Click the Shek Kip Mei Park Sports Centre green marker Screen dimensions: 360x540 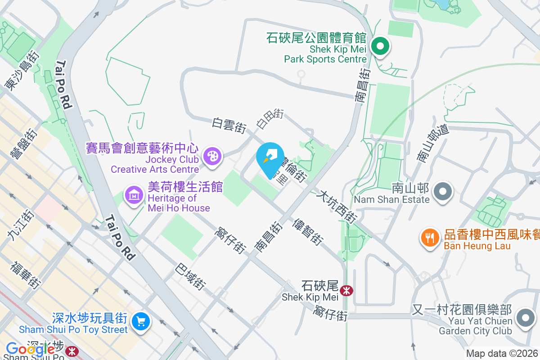click(x=380, y=46)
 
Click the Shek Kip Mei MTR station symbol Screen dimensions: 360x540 click(x=346, y=291)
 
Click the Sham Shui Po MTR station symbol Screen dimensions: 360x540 click(x=71, y=351)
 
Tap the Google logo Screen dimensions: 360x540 click(x=30, y=349)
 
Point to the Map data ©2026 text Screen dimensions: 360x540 click(x=502, y=354)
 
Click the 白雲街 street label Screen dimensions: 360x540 click(x=229, y=126)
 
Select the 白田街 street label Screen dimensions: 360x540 click(x=270, y=118)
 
